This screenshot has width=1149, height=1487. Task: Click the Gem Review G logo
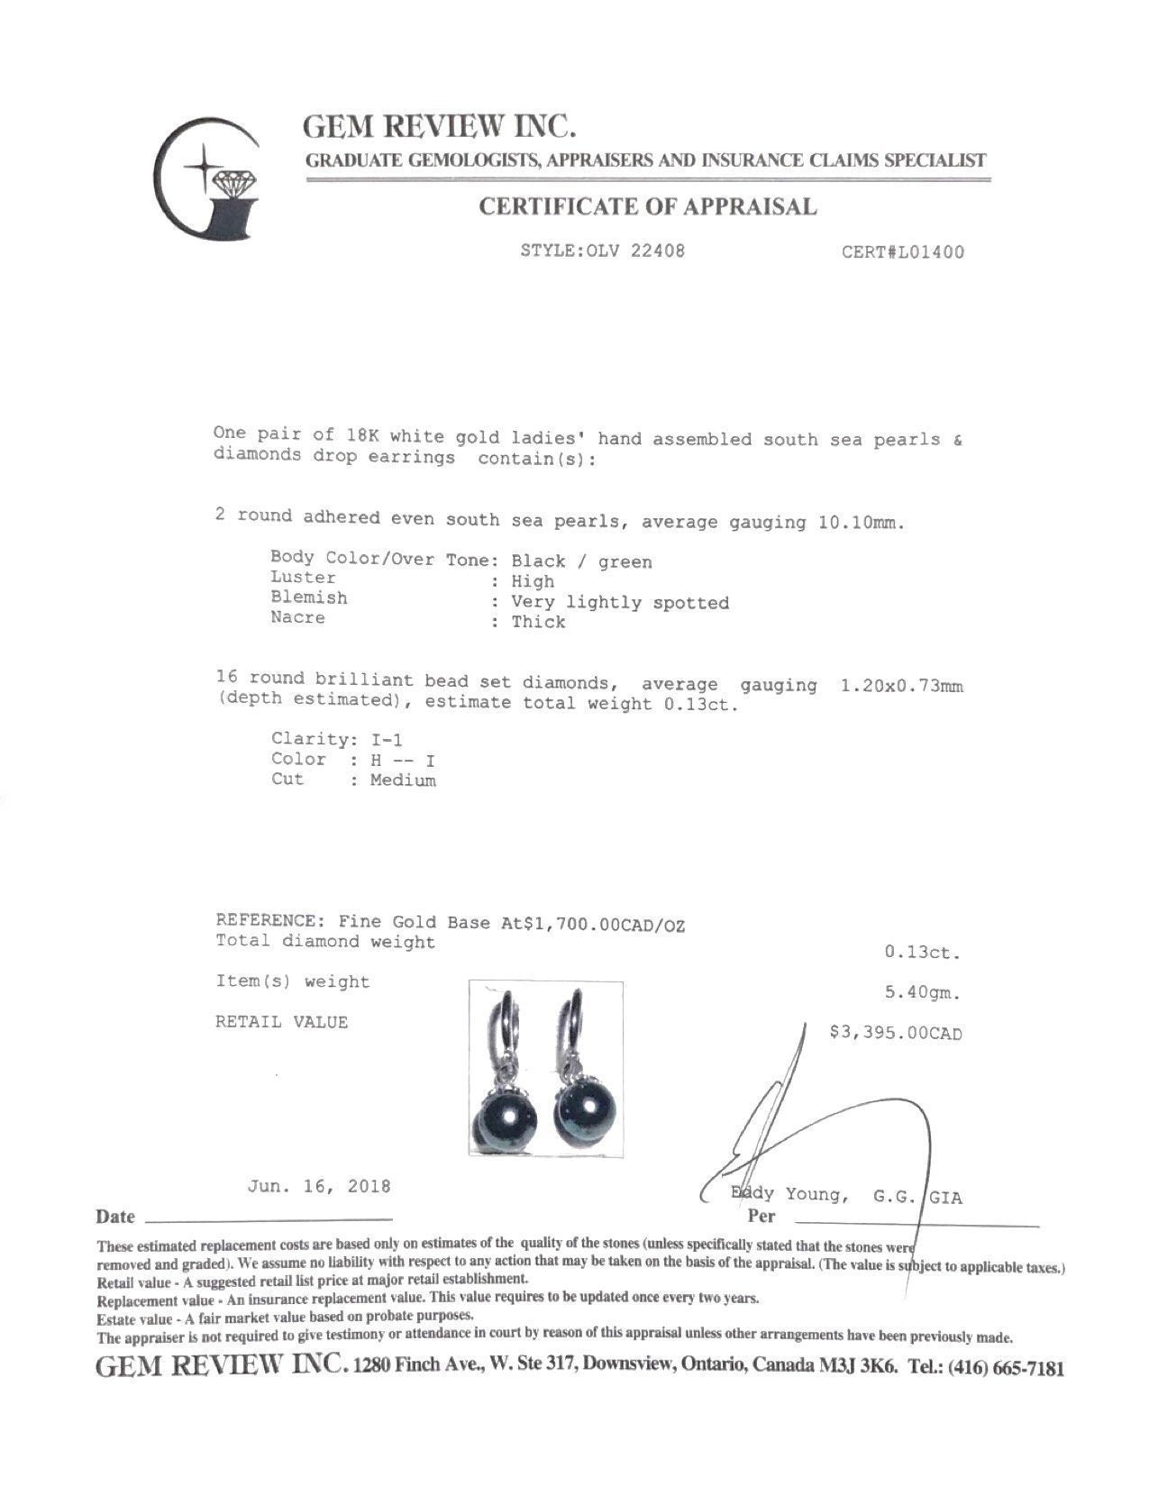click(x=207, y=179)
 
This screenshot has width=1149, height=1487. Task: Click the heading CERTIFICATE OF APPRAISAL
click(x=647, y=207)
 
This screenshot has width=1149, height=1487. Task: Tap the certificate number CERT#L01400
click(x=902, y=252)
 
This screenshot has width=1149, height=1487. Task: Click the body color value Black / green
click(x=581, y=561)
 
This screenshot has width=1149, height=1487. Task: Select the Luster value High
click(x=533, y=581)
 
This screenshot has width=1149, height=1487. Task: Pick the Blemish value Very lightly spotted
click(x=620, y=602)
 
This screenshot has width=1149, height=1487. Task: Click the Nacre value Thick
click(x=538, y=622)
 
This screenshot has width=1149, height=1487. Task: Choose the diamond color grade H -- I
click(x=402, y=760)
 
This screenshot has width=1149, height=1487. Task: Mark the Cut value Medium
click(x=403, y=780)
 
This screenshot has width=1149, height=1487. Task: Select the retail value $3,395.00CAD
click(x=895, y=1033)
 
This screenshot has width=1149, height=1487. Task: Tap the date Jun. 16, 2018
click(x=319, y=1186)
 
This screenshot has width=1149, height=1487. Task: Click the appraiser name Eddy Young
click(x=789, y=1195)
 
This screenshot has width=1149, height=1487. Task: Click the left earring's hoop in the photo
click(x=501, y=1023)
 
